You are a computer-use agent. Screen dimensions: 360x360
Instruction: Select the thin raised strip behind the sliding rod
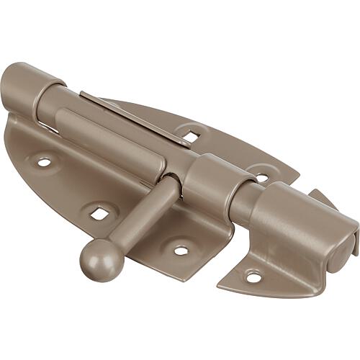click(137, 115)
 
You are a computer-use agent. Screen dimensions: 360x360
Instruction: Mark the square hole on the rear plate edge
click(190, 134)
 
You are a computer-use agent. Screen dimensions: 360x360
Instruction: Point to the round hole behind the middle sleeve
click(261, 176)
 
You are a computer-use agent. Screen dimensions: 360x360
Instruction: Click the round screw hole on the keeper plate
click(253, 275)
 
